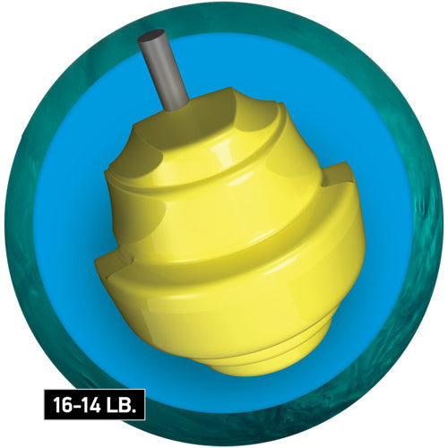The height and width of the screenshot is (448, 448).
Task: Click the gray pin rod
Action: (x=163, y=69)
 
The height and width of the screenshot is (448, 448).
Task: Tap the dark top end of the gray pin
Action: (x=151, y=35)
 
